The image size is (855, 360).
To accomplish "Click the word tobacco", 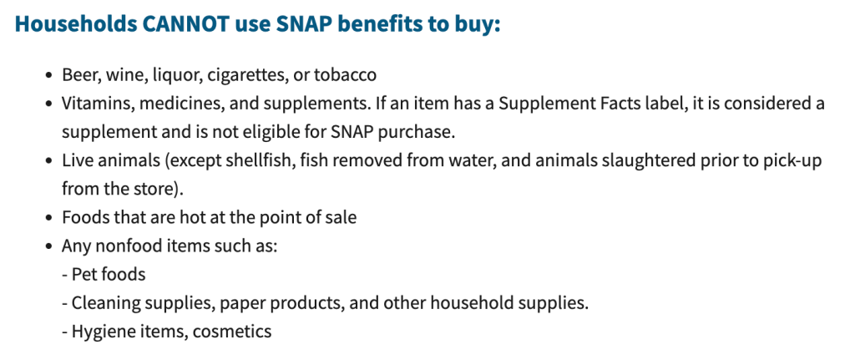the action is tap(345, 74).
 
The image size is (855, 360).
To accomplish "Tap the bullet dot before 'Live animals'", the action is tap(50, 161).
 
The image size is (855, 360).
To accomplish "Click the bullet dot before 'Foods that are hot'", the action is tap(50, 218).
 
